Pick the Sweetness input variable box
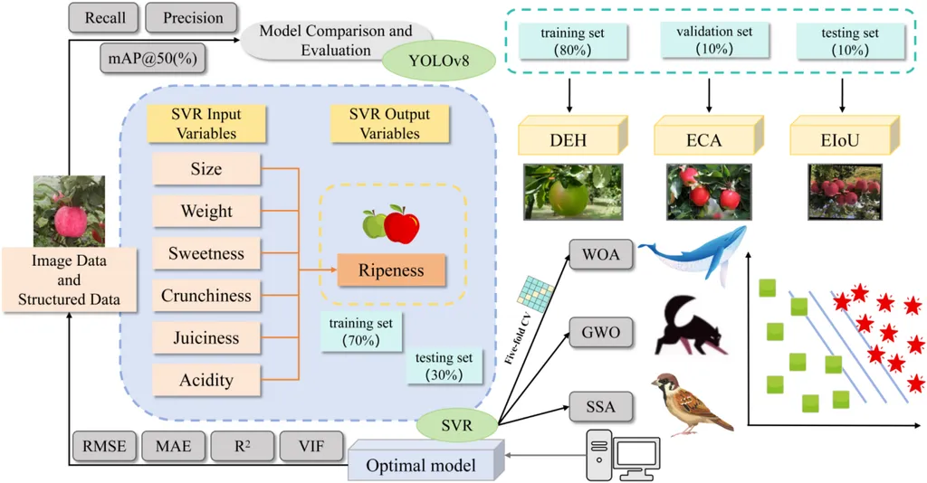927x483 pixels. click(205, 254)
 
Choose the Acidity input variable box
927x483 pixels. click(205, 380)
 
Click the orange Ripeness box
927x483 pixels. click(392, 270)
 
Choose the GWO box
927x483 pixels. click(600, 332)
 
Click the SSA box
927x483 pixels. click(600, 406)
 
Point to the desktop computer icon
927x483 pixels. click(624, 453)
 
